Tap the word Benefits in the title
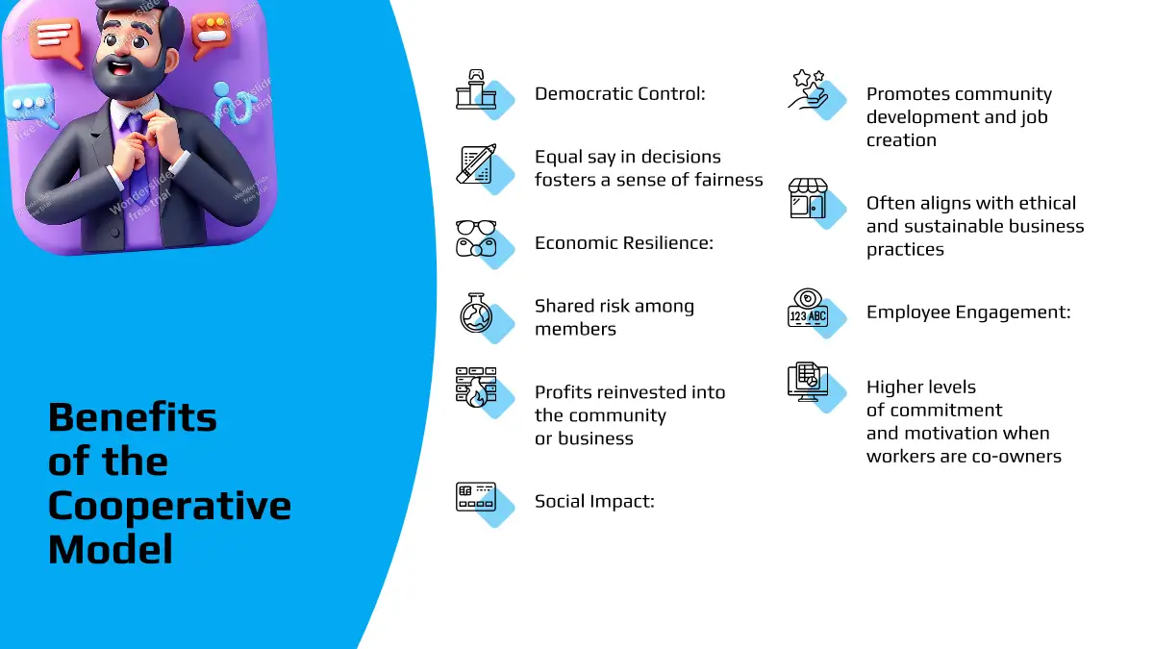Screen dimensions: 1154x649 pos(133,416)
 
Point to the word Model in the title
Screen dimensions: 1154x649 pos(111,550)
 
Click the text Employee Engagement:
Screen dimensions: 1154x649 pos(968,312)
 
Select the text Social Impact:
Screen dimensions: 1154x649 pos(594,501)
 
